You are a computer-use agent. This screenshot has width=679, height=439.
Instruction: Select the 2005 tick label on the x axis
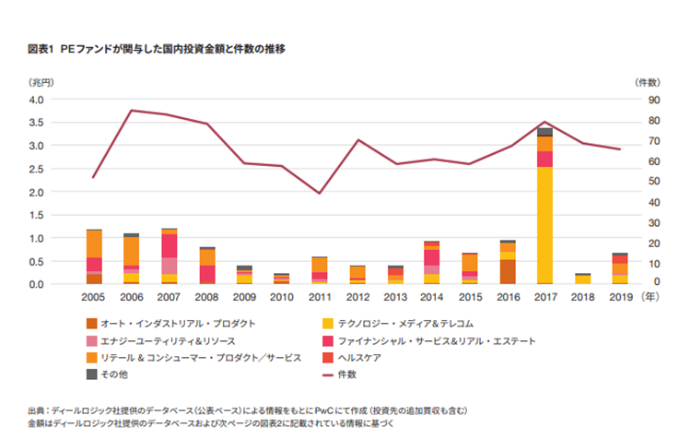[93, 299]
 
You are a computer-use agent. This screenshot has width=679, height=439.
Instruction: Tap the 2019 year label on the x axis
[620, 299]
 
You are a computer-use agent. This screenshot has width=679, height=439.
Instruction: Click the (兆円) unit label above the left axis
[42, 82]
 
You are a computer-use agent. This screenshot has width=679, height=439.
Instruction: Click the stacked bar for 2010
[282, 278]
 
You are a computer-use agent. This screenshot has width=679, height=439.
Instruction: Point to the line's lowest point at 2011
[319, 193]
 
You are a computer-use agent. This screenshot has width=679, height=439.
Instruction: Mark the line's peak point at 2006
[132, 111]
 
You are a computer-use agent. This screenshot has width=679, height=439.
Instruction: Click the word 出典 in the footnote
[39, 410]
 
